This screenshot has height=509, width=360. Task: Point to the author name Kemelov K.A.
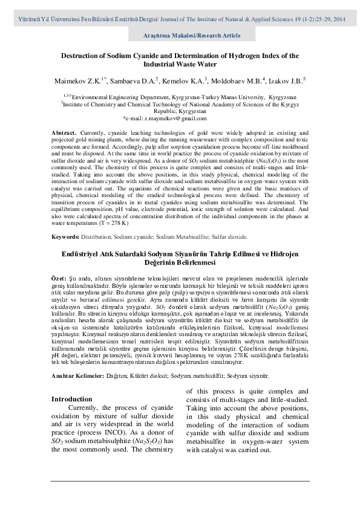(x=185, y=79)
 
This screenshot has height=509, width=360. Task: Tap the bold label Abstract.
(x=64, y=132)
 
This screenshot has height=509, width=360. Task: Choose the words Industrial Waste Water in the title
(x=180, y=63)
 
